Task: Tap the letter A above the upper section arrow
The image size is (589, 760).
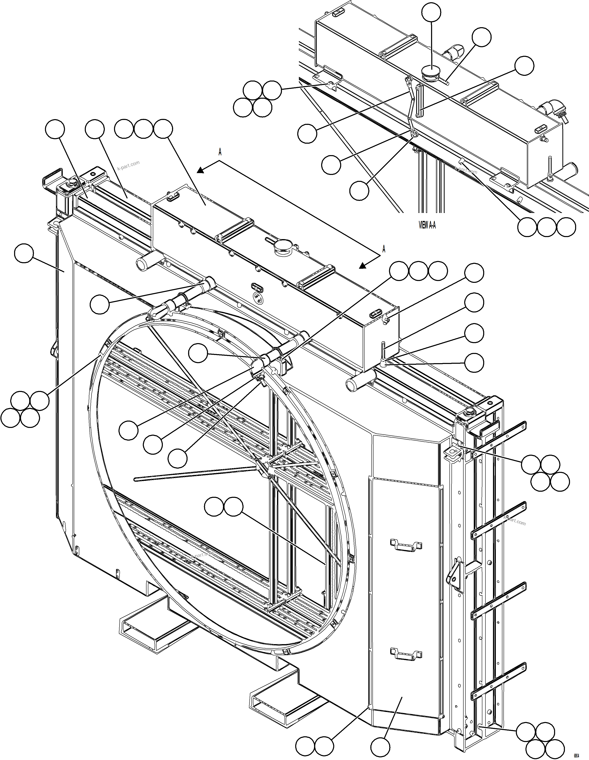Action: pyautogui.click(x=220, y=152)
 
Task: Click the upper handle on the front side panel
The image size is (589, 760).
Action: pyautogui.click(x=406, y=545)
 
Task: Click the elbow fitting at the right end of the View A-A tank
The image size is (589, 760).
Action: pyautogui.click(x=550, y=109)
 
